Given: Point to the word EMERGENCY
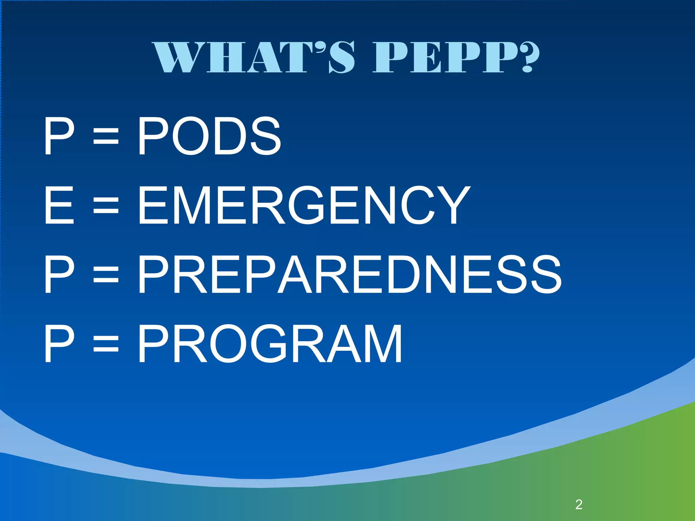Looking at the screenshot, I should (x=304, y=206).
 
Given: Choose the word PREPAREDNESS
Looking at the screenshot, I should (x=350, y=275).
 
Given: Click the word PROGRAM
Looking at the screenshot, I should (x=270, y=344).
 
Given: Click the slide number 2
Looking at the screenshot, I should (x=579, y=505).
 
